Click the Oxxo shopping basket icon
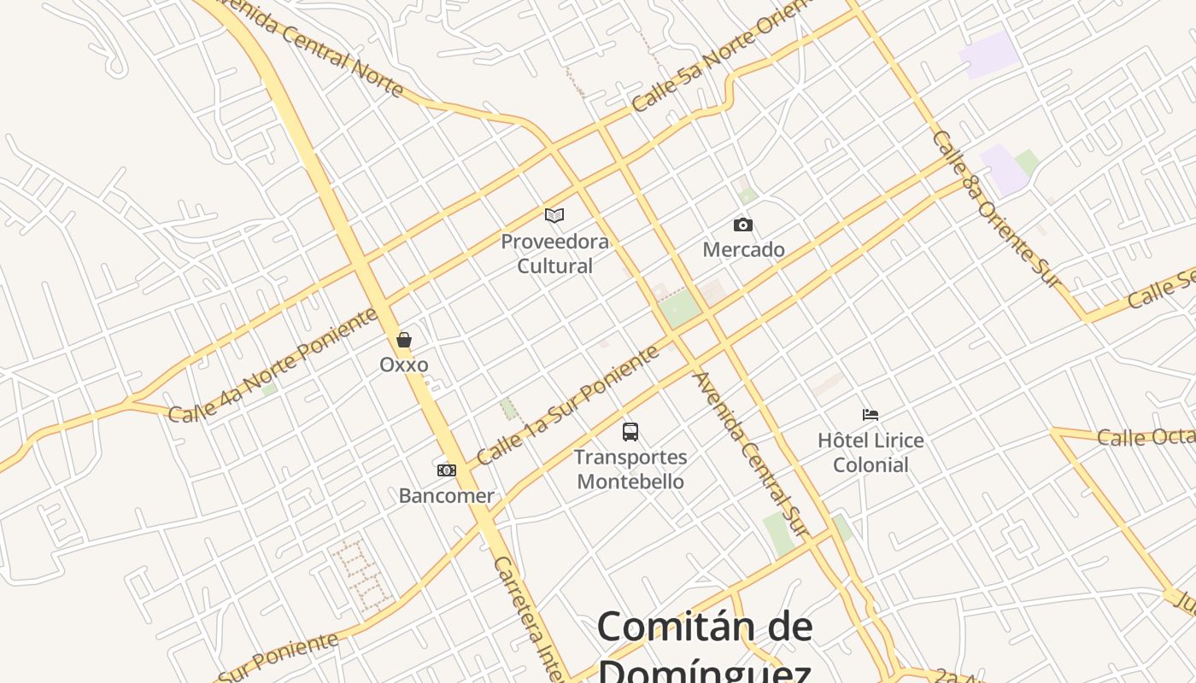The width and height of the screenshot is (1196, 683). pyautogui.click(x=404, y=340)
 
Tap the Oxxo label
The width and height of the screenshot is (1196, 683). pyautogui.click(x=404, y=365)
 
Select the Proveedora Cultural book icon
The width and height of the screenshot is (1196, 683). pyautogui.click(x=554, y=215)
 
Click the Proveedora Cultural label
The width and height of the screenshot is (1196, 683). pyautogui.click(x=554, y=254)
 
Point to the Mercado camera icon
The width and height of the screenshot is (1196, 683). pyautogui.click(x=743, y=225)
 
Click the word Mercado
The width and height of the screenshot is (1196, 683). pyautogui.click(x=743, y=250)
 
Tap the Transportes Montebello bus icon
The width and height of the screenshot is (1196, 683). pyautogui.click(x=630, y=432)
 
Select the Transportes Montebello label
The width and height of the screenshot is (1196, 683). pyautogui.click(x=630, y=470)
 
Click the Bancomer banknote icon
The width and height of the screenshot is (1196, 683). pyautogui.click(x=446, y=470)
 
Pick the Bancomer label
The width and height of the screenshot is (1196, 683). pyautogui.click(x=446, y=496)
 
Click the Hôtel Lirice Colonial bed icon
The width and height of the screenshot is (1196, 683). pyautogui.click(x=871, y=415)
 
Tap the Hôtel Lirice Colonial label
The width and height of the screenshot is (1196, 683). pyautogui.click(x=871, y=452)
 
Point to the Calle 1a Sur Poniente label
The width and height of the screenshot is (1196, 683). pyautogui.click(x=568, y=405)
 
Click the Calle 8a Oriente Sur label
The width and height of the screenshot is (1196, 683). pyautogui.click(x=995, y=208)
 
